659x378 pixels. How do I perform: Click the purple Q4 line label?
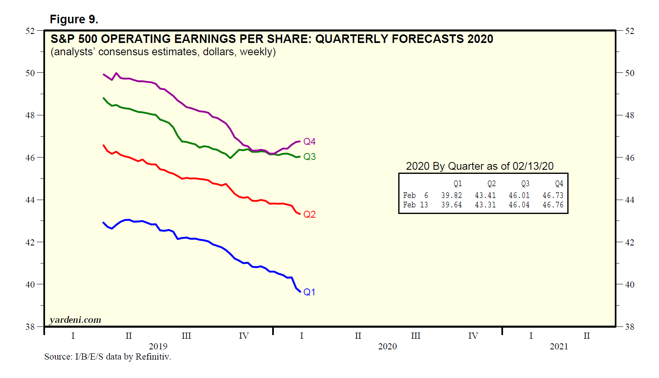309,142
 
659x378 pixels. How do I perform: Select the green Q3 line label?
309,157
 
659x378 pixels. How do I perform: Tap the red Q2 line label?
309,214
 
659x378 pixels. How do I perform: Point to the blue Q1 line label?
309,292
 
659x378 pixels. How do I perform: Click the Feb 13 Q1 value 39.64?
451,205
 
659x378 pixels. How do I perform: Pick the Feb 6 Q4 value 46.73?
553,196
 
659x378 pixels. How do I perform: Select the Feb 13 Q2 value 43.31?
485,205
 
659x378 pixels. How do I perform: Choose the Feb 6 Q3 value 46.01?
519,196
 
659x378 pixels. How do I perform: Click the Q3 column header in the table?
525,184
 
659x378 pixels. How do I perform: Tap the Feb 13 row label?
415,205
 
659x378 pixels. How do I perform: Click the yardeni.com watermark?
75,320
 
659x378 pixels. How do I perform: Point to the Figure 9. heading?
74,19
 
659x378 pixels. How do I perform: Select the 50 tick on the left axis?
30,73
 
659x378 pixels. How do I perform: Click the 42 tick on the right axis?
630,242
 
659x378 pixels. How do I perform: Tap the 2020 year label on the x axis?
387,346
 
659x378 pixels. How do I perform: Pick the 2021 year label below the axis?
559,346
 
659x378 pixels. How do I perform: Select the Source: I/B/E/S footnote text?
108,357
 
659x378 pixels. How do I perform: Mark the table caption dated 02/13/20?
479,166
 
